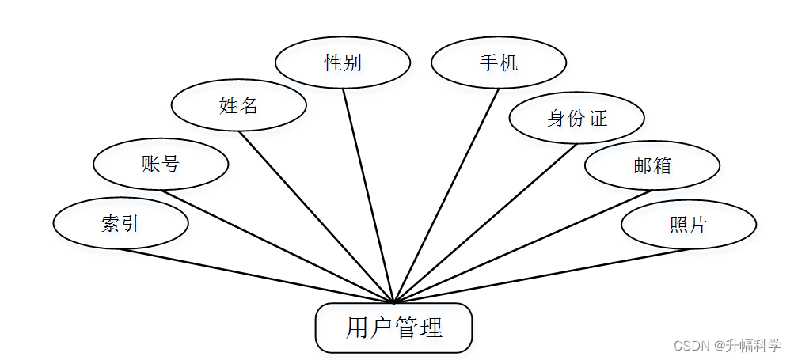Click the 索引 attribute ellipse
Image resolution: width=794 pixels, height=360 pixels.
coord(120,224)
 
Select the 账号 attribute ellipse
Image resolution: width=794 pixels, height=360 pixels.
coord(161,165)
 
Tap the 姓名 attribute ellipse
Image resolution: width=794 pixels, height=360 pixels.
coord(238,105)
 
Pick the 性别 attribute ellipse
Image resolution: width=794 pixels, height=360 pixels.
coord(343,63)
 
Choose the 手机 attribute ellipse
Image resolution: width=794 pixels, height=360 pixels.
coord(499,63)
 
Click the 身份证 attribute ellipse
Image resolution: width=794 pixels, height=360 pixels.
coord(576,119)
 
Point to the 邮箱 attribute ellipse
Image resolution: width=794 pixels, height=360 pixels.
coord(652,165)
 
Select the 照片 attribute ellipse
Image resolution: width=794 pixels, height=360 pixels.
coord(688,225)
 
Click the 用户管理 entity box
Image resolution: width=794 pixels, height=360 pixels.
coord(393,328)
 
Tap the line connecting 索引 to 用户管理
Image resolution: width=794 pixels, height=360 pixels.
coord(257,276)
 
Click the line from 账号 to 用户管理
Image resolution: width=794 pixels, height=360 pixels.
coord(277,246)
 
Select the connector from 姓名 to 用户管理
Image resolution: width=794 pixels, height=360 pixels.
coord(317,217)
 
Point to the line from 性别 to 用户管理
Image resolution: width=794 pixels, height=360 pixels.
coord(368,195)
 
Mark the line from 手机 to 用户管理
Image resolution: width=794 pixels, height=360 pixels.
coord(446,195)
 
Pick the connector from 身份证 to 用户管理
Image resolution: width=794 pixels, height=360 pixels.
coord(484,223)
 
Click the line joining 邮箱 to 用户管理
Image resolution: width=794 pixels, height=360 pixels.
coord(522,246)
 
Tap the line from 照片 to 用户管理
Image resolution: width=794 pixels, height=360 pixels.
coord(541,276)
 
